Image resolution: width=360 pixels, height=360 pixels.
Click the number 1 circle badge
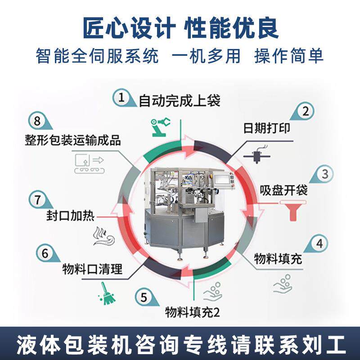(x=121, y=97)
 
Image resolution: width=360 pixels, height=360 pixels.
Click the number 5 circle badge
(x=144, y=297)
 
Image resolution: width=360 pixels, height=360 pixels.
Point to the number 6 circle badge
(x=45, y=253)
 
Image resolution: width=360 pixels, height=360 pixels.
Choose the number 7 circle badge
(x=37, y=198)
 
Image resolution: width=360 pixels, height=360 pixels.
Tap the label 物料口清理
(x=92, y=270)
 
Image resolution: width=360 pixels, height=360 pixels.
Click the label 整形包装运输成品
(x=73, y=139)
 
